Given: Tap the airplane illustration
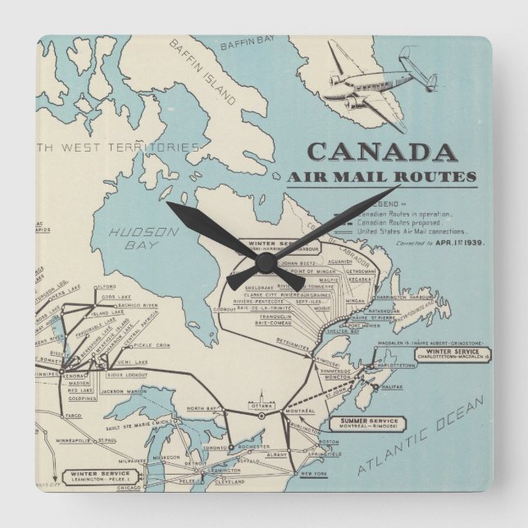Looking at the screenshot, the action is tap(378, 83).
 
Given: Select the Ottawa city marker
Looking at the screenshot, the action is tap(262, 415).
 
